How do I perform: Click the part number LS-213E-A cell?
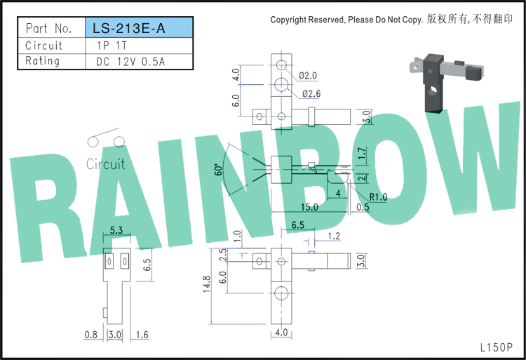tap(140, 27)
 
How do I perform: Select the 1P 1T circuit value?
tap(112, 46)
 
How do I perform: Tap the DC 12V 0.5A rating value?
tap(130, 62)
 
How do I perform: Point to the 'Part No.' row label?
tap(49, 28)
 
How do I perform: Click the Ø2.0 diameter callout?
tap(308, 76)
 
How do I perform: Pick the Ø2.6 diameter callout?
tap(311, 93)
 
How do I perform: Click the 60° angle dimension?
tap(218, 170)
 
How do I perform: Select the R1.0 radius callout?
tap(378, 197)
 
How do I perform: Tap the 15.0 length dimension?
tap(309, 207)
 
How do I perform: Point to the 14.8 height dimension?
tap(206, 284)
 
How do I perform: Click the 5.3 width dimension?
tap(116, 230)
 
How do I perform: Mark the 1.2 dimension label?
tap(334, 236)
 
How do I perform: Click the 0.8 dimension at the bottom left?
tap(91, 335)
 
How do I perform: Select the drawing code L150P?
tap(497, 347)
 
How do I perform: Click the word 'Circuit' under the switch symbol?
tap(105, 164)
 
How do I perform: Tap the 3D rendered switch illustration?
tap(447, 81)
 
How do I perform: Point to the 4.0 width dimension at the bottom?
tap(281, 332)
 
